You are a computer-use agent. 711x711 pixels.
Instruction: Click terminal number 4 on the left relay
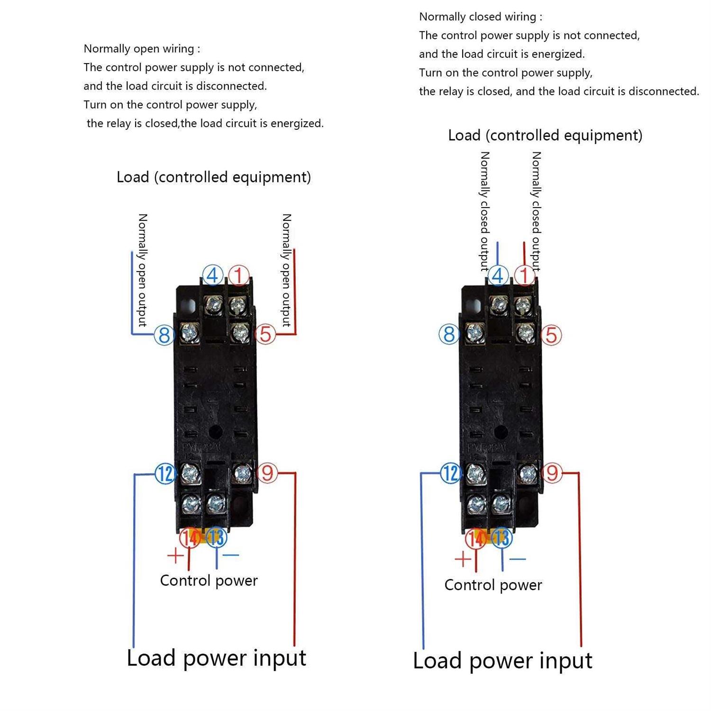(x=213, y=275)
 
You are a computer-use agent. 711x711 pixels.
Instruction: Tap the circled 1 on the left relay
(x=239, y=275)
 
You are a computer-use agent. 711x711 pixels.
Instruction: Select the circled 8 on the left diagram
(x=164, y=335)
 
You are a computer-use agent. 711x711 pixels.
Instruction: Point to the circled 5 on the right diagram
(x=551, y=335)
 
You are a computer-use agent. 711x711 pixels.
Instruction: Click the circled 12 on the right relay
(x=450, y=473)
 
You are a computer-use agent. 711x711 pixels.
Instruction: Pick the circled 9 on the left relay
(x=267, y=473)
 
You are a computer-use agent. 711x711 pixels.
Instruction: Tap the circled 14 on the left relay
(x=190, y=538)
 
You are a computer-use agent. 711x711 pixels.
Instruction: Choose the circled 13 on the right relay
(x=501, y=538)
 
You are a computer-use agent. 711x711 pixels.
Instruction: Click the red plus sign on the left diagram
(x=175, y=555)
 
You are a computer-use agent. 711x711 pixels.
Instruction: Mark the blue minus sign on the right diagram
(x=518, y=559)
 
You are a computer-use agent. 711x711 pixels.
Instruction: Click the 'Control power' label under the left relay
(x=209, y=581)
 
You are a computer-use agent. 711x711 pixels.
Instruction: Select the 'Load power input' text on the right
(x=502, y=661)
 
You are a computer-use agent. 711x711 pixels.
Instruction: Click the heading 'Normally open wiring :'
(x=142, y=49)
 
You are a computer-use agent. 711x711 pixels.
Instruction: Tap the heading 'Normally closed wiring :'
(x=481, y=17)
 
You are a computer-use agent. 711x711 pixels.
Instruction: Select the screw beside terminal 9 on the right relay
(x=528, y=474)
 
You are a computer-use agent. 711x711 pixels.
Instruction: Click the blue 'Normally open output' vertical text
(x=142, y=270)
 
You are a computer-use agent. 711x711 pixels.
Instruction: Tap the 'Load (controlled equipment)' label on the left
(x=214, y=177)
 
